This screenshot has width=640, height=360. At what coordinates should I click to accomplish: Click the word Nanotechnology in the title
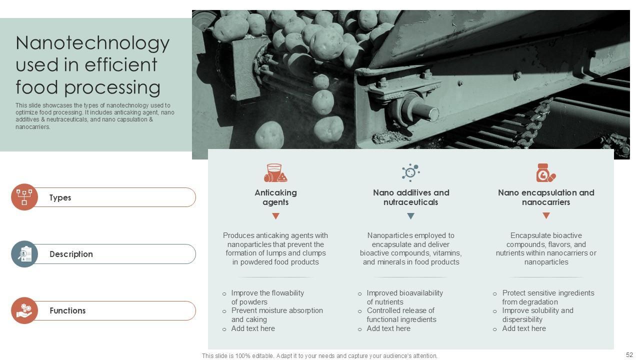(92, 43)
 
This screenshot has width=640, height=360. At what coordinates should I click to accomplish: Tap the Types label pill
(114, 197)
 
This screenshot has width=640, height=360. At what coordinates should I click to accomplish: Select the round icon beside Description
(24, 253)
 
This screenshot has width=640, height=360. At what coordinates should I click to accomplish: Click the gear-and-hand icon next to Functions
(24, 310)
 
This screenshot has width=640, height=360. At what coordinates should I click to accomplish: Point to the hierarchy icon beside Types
(24, 197)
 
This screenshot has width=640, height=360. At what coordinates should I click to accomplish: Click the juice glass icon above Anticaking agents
(275, 173)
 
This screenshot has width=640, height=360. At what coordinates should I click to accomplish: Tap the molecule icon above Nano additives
(411, 172)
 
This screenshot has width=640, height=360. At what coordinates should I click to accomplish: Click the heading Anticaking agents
(275, 197)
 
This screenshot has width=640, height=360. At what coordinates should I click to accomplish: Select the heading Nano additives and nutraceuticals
(411, 197)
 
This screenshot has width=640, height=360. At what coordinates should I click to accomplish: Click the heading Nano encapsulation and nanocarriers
(546, 197)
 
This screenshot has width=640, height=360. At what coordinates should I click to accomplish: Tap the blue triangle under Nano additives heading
(411, 216)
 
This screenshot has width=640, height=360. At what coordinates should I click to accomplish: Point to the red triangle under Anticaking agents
(275, 216)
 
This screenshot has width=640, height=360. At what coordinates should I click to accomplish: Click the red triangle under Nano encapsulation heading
(546, 215)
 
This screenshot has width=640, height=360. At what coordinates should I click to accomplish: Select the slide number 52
(629, 355)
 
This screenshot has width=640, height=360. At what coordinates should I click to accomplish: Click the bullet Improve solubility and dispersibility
(537, 315)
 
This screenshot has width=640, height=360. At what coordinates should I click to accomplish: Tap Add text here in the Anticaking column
(253, 328)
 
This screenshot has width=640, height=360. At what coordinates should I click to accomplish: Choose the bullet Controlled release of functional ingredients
(401, 315)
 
